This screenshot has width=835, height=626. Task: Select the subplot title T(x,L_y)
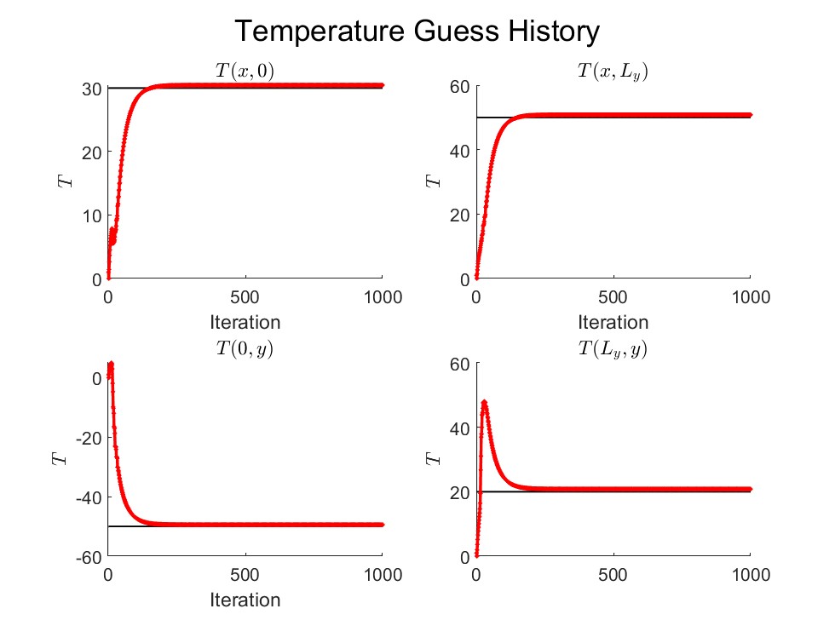pos(613,72)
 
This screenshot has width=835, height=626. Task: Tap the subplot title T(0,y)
pos(245,348)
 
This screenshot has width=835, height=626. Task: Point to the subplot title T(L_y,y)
pos(613,348)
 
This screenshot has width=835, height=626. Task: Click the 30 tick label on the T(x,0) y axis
pos(93,89)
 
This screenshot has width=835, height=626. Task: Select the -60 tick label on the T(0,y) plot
pos(89,557)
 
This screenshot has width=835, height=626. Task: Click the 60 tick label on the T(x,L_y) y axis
pos(461,87)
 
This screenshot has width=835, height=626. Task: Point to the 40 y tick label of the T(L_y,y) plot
pos(461,428)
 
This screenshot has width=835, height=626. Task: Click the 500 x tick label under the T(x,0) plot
pos(245,297)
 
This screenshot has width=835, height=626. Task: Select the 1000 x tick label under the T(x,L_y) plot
pos(751,297)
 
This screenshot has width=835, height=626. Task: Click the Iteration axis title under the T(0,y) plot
pos(245,600)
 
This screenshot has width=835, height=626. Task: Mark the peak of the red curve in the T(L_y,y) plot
pos(484,402)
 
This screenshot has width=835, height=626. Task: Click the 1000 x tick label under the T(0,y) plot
pos(383,575)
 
